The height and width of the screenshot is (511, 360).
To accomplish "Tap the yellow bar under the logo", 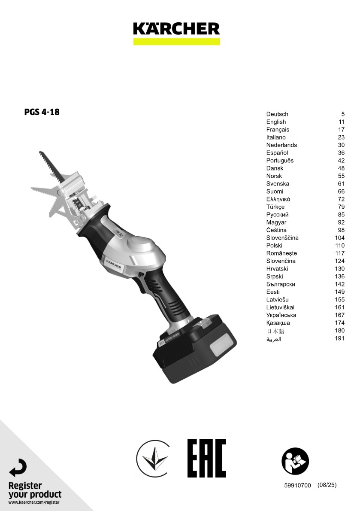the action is (x=176, y=41).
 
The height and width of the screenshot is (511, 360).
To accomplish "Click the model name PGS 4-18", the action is (x=42, y=112).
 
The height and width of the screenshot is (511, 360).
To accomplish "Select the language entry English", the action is (x=276, y=122).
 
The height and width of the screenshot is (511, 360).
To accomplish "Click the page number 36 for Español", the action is (x=341, y=153).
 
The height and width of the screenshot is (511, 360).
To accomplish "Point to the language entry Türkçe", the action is (x=275, y=207).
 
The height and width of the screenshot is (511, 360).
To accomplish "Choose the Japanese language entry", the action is (x=275, y=331).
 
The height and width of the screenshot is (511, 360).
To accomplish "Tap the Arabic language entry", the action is (x=274, y=339).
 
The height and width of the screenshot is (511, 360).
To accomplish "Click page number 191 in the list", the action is (x=339, y=338).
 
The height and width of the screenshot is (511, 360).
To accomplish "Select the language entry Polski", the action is (x=274, y=245).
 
